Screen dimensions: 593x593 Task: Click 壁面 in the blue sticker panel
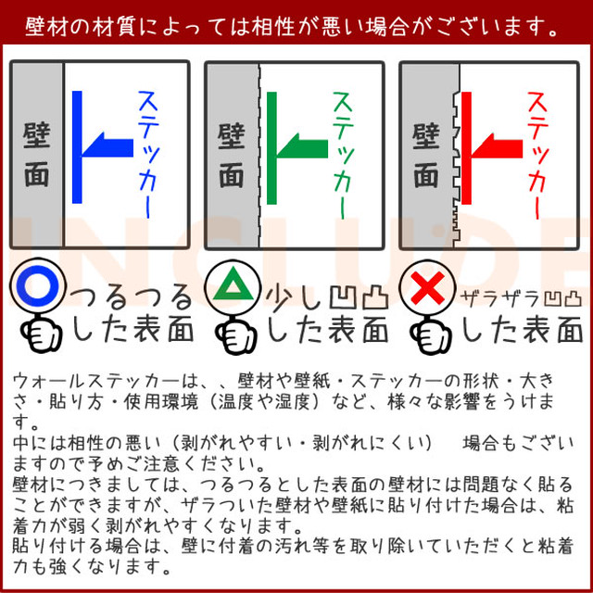tap(37, 155)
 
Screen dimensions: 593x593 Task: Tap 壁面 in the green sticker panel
tap(232, 155)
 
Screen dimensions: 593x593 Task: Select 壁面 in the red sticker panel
tap(426, 155)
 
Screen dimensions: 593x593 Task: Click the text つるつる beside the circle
tap(133, 296)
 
